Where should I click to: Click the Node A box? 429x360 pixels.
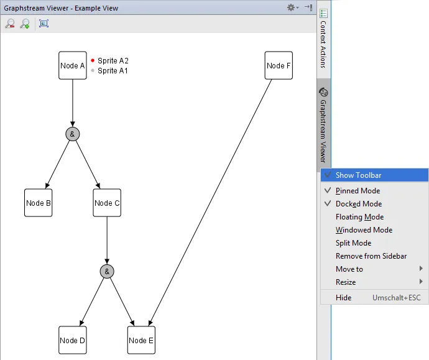[x=73, y=65]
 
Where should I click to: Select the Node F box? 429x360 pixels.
[x=279, y=65]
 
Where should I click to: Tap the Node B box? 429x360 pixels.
[x=39, y=203]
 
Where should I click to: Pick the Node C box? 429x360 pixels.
[x=107, y=203]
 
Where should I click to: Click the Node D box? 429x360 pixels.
[x=73, y=340]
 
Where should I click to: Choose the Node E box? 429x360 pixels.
[x=141, y=340]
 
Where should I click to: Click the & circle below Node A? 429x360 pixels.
[x=73, y=134]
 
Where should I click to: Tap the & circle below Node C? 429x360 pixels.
[x=107, y=271]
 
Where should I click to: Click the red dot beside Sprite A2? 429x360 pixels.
[x=93, y=60]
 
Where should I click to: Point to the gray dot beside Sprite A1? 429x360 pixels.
[x=93, y=71]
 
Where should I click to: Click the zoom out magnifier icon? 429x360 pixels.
[x=10, y=24]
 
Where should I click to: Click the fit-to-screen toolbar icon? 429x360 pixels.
[x=44, y=24]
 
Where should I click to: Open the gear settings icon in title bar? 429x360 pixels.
[x=292, y=7]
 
